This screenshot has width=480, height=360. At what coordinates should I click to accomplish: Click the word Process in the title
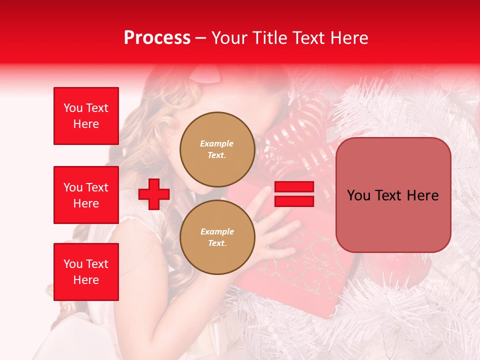tap(157, 38)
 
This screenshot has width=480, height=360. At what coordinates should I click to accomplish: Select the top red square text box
tap(86, 116)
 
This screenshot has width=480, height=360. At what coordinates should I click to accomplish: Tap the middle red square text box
tap(86, 195)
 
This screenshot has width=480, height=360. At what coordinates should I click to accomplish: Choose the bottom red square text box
tap(86, 271)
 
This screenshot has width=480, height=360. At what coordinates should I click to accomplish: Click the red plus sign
tap(154, 194)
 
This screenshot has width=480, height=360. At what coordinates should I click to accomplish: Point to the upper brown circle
tap(217, 149)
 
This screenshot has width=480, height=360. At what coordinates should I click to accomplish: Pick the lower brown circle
tap(217, 237)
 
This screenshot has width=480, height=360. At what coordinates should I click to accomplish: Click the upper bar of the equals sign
tap(294, 187)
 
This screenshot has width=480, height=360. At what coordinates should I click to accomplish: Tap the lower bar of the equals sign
tap(294, 201)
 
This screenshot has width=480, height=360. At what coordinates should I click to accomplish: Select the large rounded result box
tap(393, 195)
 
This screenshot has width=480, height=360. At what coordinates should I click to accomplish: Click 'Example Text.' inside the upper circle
tap(217, 149)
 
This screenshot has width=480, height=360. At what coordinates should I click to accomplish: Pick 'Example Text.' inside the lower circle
tap(217, 237)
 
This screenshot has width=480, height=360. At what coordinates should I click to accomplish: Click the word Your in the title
tap(230, 38)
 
